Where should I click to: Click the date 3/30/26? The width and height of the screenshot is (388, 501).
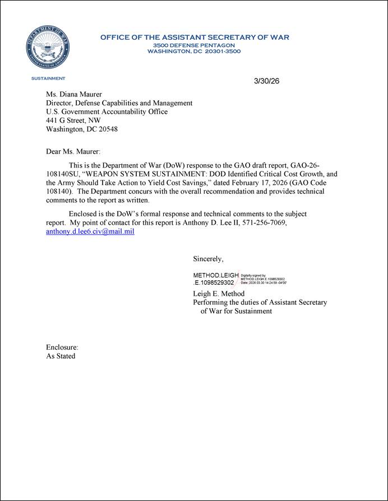click(266, 81)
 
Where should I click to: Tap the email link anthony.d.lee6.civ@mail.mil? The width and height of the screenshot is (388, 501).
click(90, 231)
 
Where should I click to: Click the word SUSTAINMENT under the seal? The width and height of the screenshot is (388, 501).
click(48, 78)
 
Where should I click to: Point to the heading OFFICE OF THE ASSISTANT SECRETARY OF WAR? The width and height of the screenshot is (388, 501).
click(195, 38)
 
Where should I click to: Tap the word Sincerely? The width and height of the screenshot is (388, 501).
click(208, 259)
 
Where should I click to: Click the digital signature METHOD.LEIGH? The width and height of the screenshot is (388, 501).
click(216, 276)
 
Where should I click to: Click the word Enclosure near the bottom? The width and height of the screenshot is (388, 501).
click(62, 347)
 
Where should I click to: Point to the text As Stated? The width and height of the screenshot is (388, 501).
click(61, 356)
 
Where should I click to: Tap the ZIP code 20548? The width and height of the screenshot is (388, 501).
click(107, 129)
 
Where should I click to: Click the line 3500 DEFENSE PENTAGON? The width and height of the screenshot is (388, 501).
click(194, 44)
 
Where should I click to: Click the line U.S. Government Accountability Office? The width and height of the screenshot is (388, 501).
click(107, 112)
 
